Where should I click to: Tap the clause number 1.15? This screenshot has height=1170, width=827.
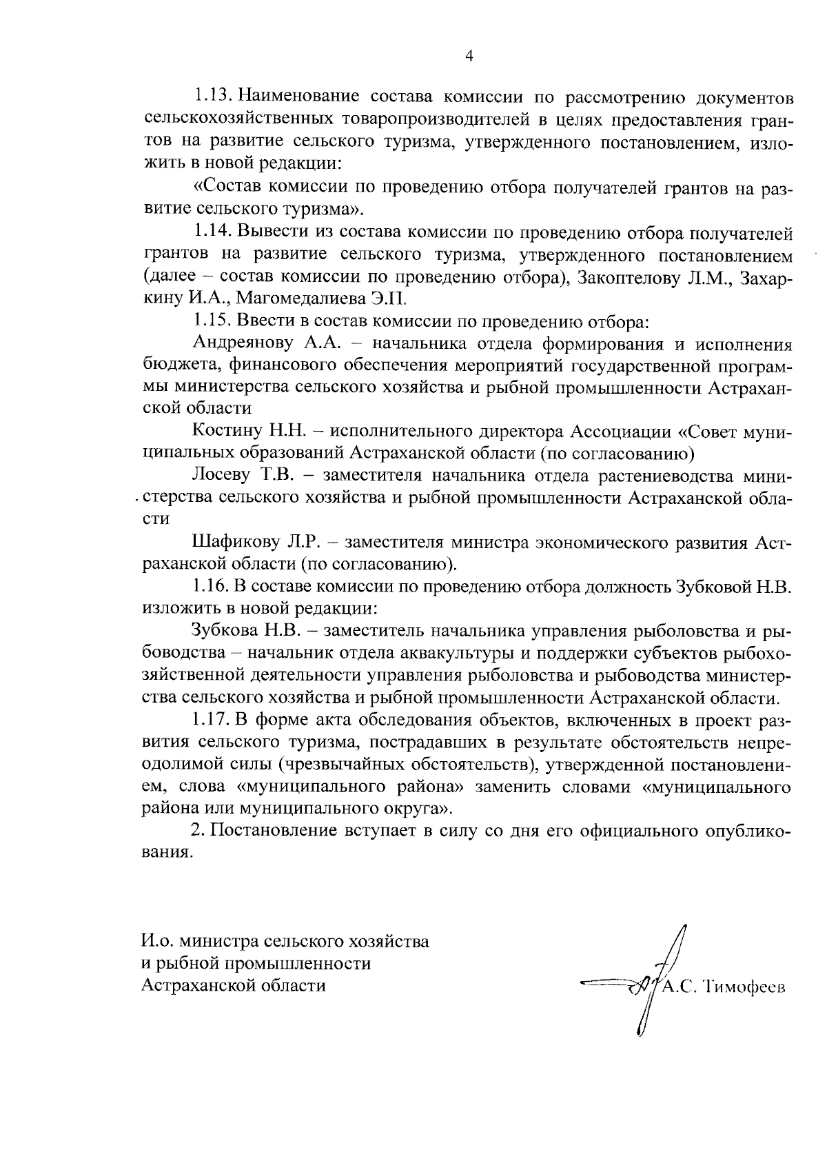coord(214,321)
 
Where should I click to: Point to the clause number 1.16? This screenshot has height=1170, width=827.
coord(214,587)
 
